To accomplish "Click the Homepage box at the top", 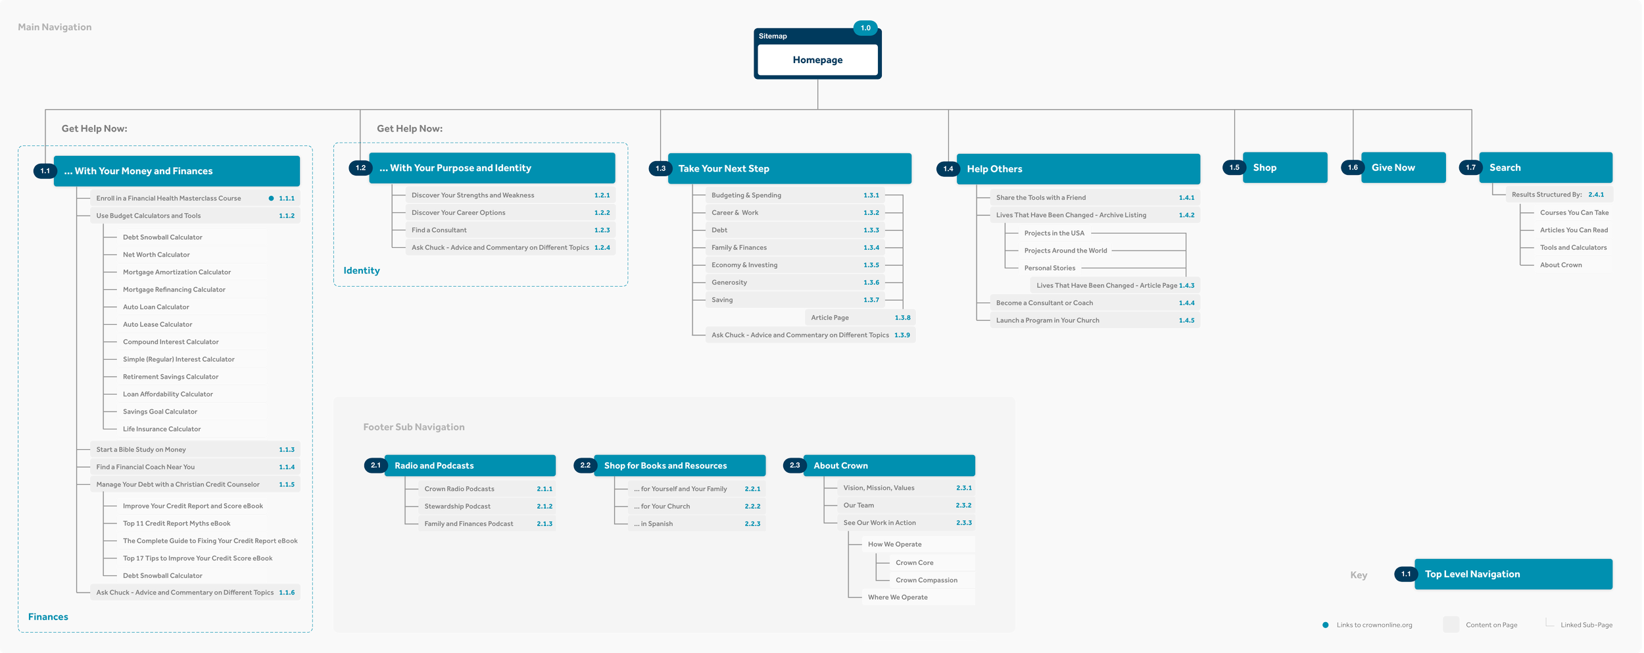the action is point(817,60).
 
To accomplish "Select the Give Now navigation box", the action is point(1403,168).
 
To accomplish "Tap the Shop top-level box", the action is point(1284,168).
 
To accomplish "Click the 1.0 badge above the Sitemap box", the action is point(865,28).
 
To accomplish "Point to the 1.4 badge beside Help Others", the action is point(948,169).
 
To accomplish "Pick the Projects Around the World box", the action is point(1065,251).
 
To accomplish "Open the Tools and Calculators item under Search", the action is point(1573,247).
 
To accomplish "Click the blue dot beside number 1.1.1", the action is point(271,198).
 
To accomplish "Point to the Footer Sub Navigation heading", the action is point(414,427).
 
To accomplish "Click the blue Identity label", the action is point(362,270).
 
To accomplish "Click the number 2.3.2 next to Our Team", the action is point(963,505).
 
